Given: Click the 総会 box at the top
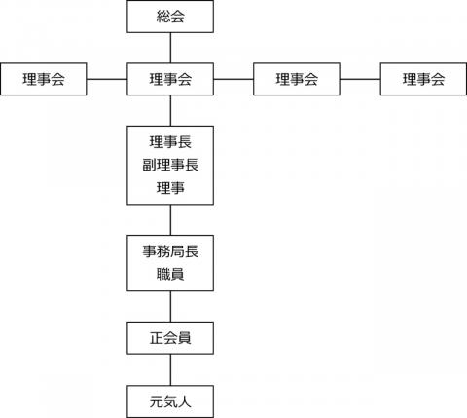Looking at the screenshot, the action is [x=170, y=17].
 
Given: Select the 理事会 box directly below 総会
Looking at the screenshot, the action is [x=170, y=79].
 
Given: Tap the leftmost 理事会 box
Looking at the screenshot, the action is [x=44, y=79].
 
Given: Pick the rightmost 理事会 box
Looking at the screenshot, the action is [x=423, y=79].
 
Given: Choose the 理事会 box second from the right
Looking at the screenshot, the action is [x=297, y=79].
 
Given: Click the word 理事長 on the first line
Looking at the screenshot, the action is [x=170, y=142].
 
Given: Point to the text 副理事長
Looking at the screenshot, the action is [x=170, y=165].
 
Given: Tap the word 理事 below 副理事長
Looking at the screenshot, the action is [x=170, y=188].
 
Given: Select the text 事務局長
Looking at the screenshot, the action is [x=170, y=251].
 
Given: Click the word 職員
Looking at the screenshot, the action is [x=170, y=274].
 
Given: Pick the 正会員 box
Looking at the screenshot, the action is [x=170, y=338].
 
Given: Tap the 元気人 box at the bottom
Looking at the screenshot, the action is [x=170, y=401].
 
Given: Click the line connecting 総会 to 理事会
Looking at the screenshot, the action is [x=170, y=48].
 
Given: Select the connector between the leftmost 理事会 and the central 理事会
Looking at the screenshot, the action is [x=107, y=79].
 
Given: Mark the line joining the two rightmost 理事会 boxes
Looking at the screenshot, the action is [x=360, y=79].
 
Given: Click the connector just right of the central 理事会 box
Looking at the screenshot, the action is [x=233, y=79].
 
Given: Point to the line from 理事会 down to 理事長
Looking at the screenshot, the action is [x=170, y=111].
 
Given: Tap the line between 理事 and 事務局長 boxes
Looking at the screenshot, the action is [x=170, y=220].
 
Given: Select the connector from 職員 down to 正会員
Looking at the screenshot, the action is [x=170, y=306].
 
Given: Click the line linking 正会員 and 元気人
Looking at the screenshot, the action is [x=170, y=369].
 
